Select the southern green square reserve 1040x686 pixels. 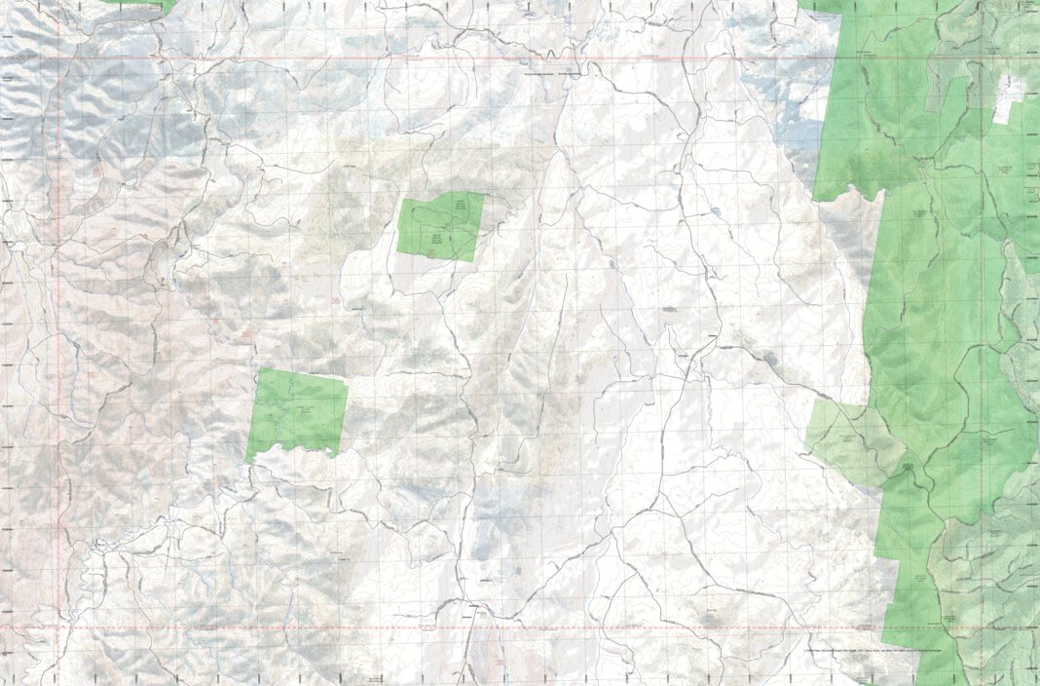point(297,413)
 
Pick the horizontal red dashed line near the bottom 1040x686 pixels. point(487,629)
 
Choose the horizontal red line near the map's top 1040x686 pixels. point(487,58)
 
